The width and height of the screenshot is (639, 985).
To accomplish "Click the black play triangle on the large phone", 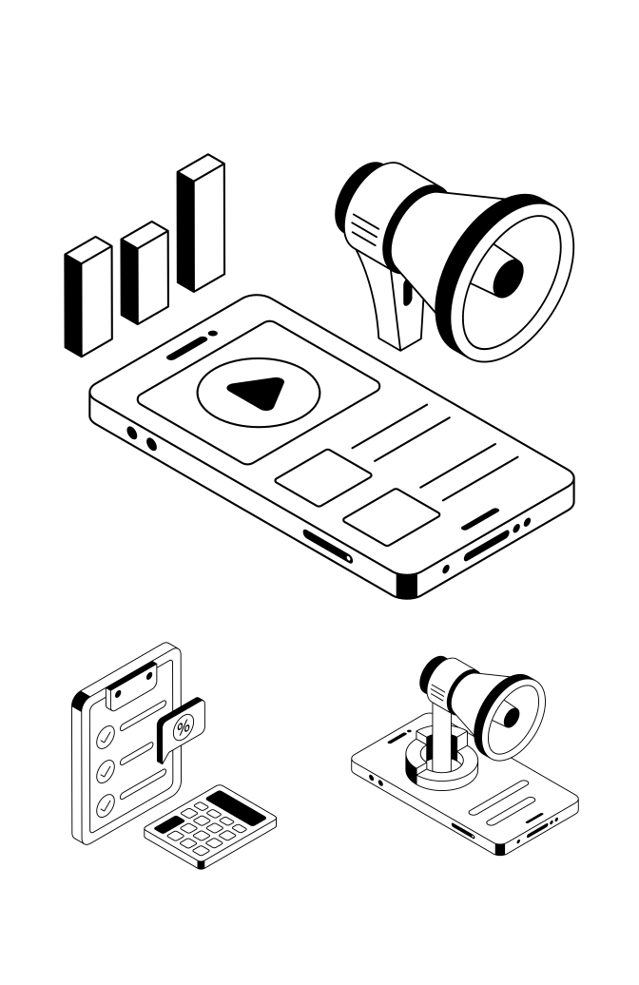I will [257, 392].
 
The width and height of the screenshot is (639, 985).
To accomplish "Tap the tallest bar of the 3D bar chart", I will [201, 225].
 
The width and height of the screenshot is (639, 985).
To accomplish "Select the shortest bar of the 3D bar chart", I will [87, 296].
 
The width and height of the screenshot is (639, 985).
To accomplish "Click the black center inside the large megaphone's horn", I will [509, 275].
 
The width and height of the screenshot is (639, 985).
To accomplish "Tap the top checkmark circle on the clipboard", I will [106, 736].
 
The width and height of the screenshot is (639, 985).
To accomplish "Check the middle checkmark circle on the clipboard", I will [106, 769].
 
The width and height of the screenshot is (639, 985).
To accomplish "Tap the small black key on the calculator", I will [171, 822].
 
